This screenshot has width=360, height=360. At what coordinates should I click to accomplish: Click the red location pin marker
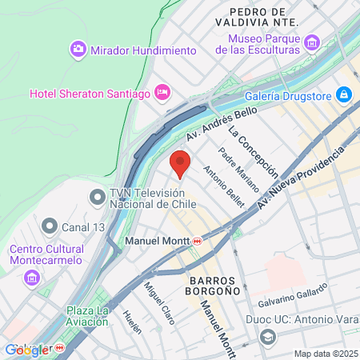click(180, 163)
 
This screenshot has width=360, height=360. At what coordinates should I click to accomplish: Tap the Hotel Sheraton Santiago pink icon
click(162, 93)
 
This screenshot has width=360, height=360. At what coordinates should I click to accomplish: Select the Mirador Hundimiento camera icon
click(78, 50)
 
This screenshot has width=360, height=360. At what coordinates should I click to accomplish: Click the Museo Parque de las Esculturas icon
click(312, 42)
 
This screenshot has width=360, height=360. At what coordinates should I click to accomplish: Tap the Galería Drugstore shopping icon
click(344, 95)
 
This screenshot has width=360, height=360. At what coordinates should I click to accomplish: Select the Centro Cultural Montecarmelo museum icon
click(32, 278)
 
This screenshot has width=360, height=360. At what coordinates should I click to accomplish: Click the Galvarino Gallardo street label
click(294, 298)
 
